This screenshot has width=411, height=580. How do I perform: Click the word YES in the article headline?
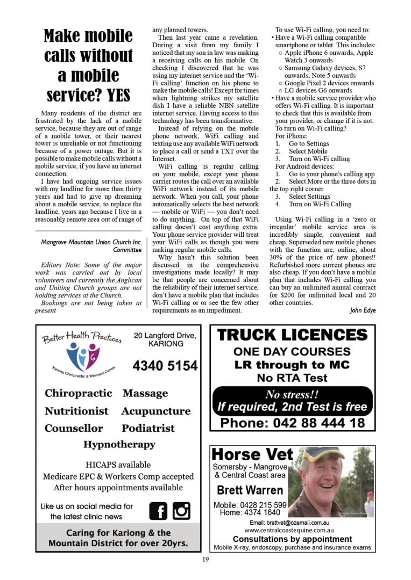(x=118, y=95)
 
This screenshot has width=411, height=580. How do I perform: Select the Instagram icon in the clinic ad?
(x=181, y=510)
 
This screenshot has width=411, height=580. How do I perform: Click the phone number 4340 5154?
(x=165, y=366)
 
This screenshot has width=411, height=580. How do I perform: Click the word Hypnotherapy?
(x=119, y=445)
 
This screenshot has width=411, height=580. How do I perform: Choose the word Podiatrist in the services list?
(x=148, y=429)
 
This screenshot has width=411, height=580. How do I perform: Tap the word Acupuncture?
(x=155, y=411)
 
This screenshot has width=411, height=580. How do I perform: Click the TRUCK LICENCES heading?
(x=292, y=336)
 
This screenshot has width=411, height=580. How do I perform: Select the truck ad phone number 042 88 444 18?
(x=292, y=423)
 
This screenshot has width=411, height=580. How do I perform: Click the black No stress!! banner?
(x=292, y=401)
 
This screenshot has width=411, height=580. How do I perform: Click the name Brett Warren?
(x=250, y=490)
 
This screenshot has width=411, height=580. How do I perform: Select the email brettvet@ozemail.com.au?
(x=292, y=523)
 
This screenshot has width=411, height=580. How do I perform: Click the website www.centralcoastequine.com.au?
(x=292, y=530)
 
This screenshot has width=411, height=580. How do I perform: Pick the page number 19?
(x=205, y=560)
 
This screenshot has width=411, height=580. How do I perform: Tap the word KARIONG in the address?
(x=165, y=344)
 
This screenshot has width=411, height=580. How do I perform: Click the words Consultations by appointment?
(x=292, y=539)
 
